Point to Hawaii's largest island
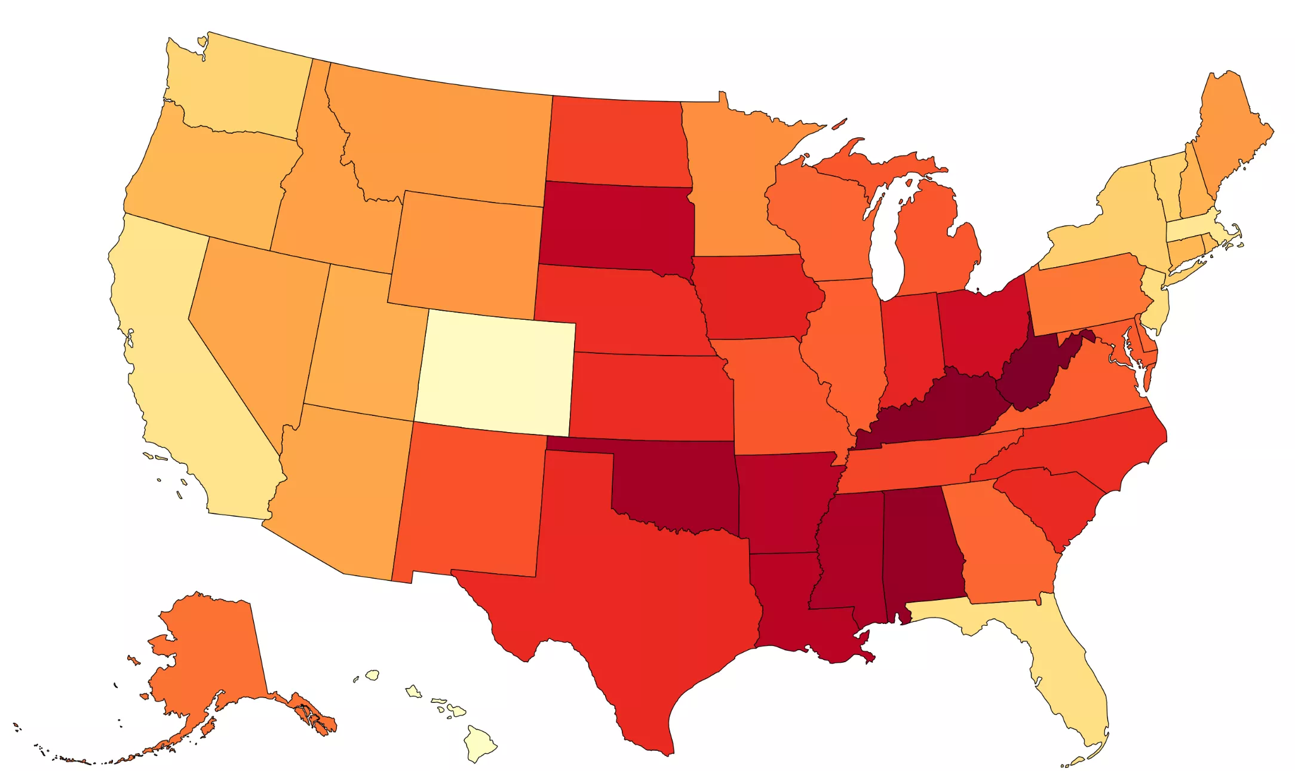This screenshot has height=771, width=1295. tap(480, 743)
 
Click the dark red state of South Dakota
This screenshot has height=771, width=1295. tap(615, 227)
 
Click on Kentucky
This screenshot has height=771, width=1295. tap(932, 412)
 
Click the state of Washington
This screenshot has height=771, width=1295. tap(239, 90)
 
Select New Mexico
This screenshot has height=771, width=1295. tap(472, 502)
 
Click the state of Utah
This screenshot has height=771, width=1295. tap(361, 347)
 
